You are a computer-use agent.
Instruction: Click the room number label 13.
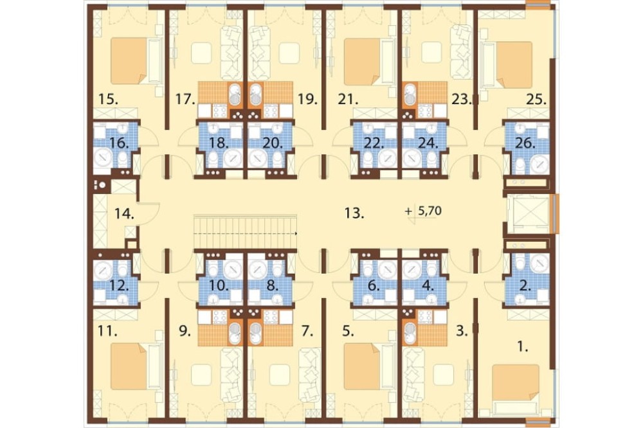pyautogui.click(x=354, y=213)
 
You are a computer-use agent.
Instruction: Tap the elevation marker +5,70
pyautogui.click(x=423, y=211)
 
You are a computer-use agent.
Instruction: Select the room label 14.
pyautogui.click(x=125, y=213)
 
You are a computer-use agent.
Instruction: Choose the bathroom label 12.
pyautogui.click(x=119, y=285)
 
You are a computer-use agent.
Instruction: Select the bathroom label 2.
pyautogui.click(x=525, y=286)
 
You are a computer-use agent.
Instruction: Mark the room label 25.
pyautogui.click(x=537, y=100)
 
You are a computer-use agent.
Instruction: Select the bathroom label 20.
pyautogui.click(x=273, y=143)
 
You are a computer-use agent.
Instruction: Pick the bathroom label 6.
pyautogui.click(x=374, y=286)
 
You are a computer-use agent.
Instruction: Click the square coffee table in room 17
pyautogui.click(x=201, y=53)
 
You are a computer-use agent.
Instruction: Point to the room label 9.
pyautogui.click(x=185, y=330)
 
